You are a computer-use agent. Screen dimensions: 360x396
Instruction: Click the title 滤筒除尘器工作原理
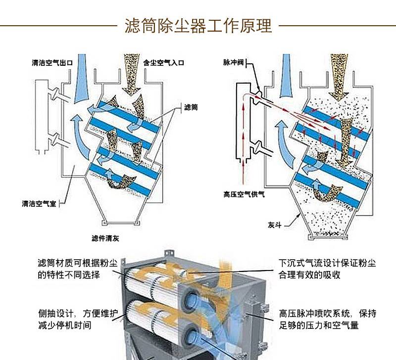point(198,25)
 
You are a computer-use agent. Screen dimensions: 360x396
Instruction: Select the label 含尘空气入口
point(164,63)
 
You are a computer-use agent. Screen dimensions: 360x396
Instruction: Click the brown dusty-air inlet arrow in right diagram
point(341,74)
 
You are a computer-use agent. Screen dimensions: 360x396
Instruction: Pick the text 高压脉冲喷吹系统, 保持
point(327,314)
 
